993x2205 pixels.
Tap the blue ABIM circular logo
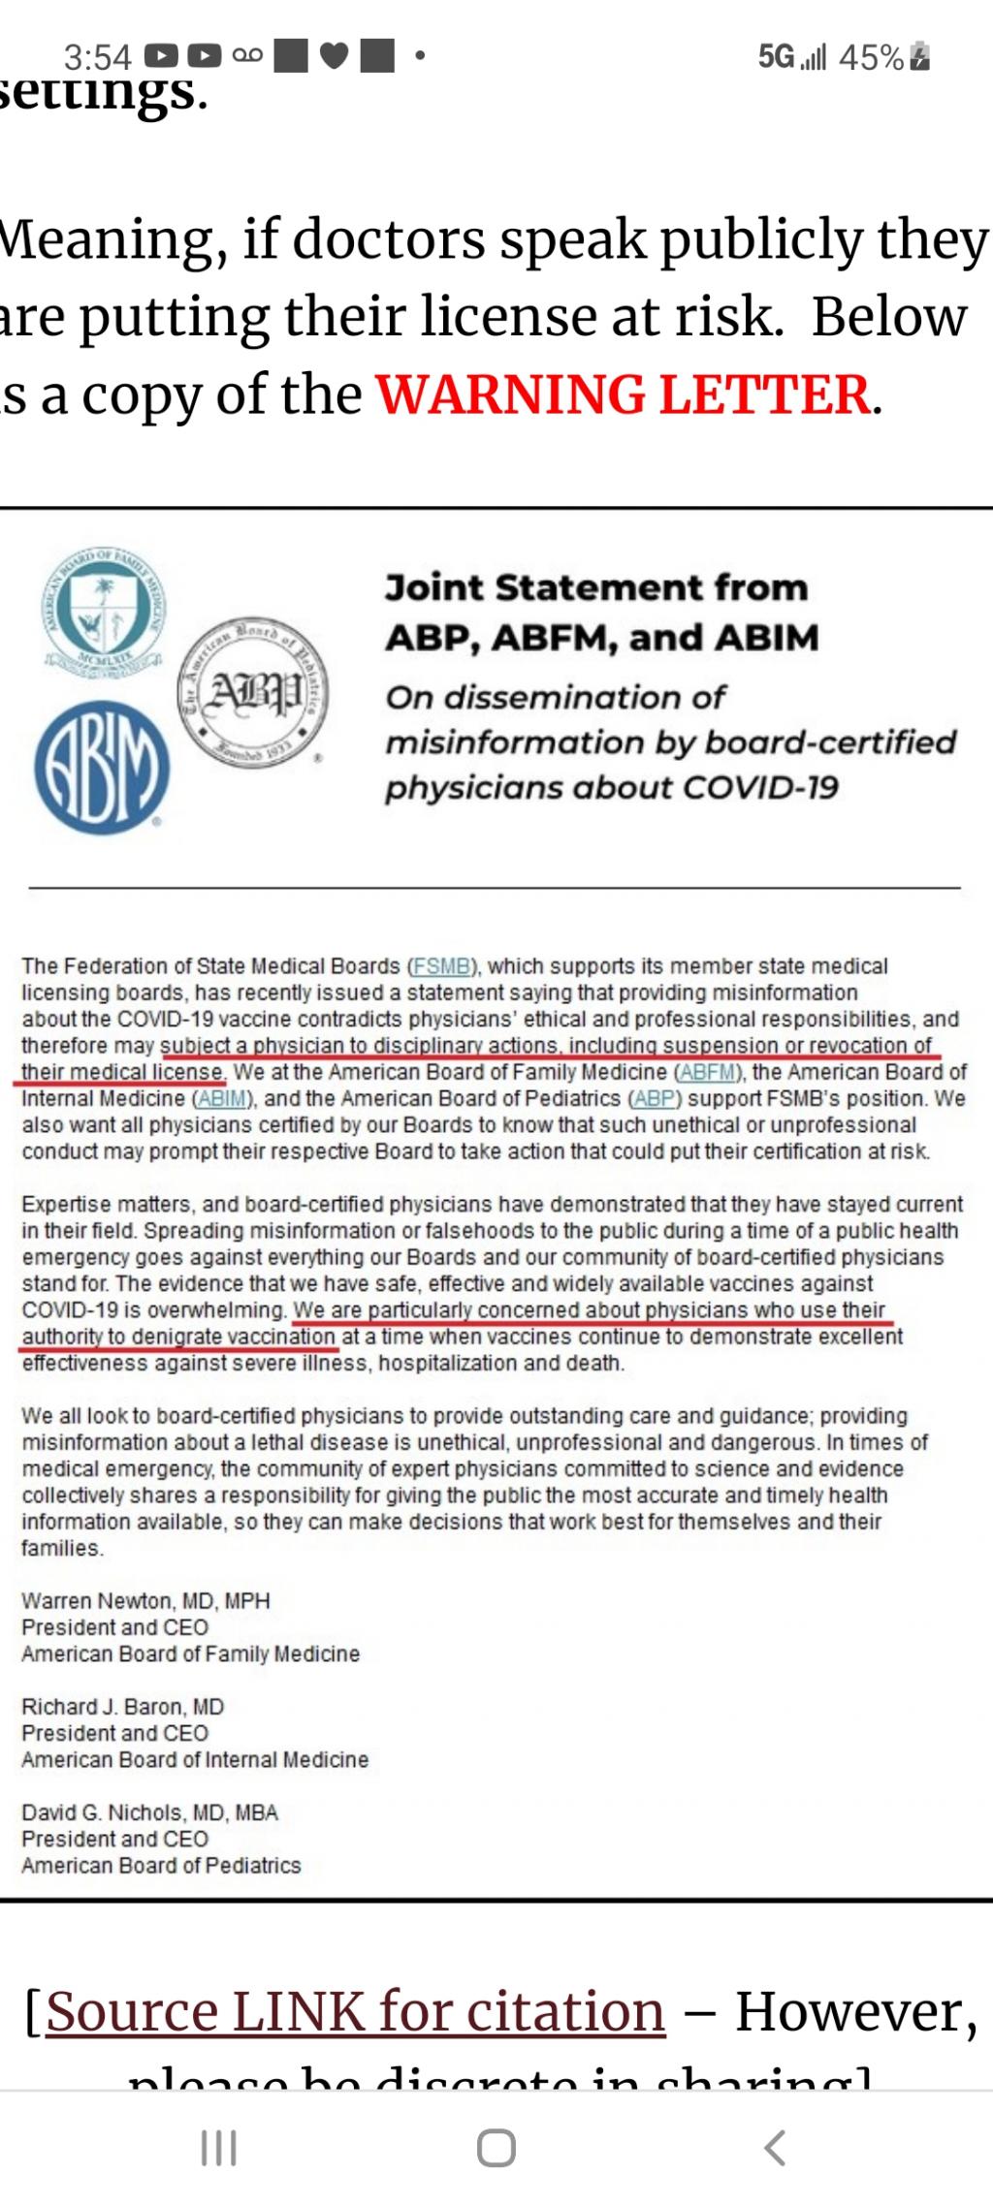coord(102,768)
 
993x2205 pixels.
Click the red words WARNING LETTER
coord(624,394)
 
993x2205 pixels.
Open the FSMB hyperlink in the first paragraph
coord(442,966)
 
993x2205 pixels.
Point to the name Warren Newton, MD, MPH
coord(145,1600)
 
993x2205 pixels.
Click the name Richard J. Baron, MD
coord(123,1706)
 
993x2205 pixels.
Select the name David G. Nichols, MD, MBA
coord(149,1811)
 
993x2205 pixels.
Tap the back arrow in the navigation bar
coord(774,2147)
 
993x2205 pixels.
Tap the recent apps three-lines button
coord(218,2147)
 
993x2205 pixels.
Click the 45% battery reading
coord(872,57)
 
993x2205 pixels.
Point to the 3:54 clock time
coord(97,57)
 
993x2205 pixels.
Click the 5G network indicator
coord(777,57)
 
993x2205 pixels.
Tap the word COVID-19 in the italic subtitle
coord(760,787)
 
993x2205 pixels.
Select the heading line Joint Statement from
coord(596,587)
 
